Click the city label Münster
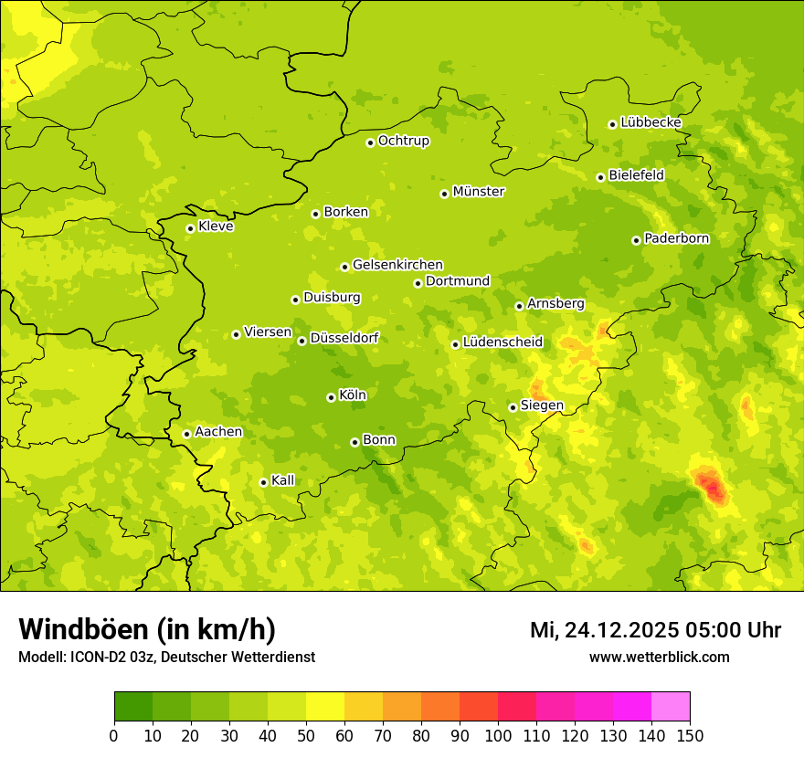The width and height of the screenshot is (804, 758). [479, 192]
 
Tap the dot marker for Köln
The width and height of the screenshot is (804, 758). [331, 397]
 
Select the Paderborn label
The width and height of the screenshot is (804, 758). [677, 238]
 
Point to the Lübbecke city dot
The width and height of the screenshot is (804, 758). [612, 124]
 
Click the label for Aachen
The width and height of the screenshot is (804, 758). [218, 432]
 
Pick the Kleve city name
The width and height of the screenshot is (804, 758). [217, 226]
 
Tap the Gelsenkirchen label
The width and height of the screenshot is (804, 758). [397, 265]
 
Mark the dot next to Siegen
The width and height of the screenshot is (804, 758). [513, 407]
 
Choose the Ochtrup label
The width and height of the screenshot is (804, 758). [404, 141]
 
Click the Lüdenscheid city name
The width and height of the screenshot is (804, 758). [503, 342]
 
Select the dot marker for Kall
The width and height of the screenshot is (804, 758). [263, 482]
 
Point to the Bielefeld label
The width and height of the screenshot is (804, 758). [637, 175]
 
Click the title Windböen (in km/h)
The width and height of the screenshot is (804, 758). [147, 629]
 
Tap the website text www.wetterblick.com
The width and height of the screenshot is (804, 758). [659, 657]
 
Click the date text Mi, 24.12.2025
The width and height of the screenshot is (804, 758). [602, 630]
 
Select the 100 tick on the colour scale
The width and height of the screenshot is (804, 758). [498, 735]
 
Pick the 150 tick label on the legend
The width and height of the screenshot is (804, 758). [690, 735]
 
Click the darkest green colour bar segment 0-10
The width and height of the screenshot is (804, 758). [133, 707]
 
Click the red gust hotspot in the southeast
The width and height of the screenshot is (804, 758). [711, 486]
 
